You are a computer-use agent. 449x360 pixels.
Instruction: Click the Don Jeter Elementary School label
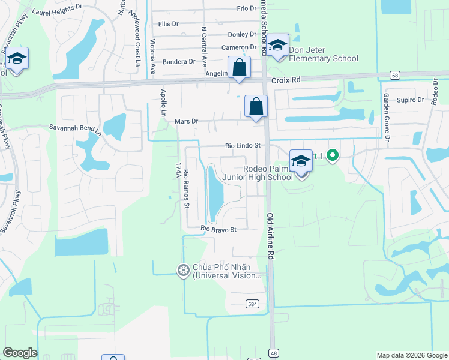pos(323,54)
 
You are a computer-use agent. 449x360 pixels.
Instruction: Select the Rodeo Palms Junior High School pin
pos(301,161)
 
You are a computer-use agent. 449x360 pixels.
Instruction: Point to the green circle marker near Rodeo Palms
pos(330,157)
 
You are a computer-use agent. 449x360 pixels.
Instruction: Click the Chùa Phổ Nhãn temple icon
pos(183,271)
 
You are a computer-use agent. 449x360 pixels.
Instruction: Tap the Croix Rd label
pos(285,79)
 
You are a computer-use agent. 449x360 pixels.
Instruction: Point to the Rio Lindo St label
pos(243,146)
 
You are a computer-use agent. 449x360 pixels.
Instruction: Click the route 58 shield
pos(394,75)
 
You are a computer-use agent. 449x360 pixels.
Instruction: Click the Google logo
pos(20,353)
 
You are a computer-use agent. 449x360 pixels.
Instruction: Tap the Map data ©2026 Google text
pos(411,355)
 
